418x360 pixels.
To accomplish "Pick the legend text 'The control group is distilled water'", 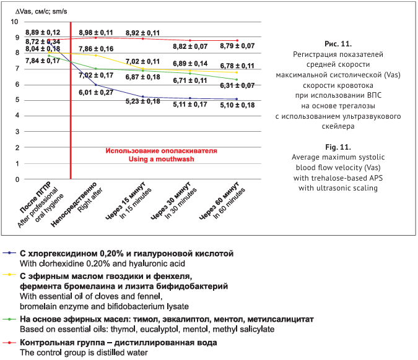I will click(83, 352).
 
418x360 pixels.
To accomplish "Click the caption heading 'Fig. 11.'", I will click(337, 148).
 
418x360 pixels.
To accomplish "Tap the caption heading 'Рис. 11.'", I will click(337, 44).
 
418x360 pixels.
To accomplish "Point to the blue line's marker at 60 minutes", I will click(237, 99).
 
